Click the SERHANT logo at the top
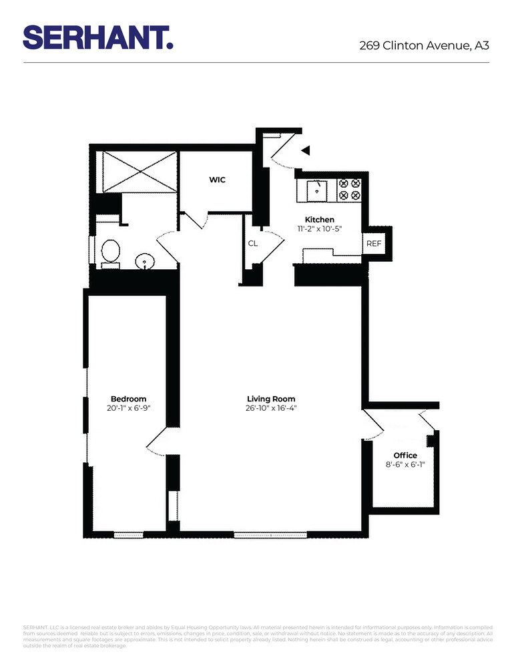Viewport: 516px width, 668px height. tap(98, 37)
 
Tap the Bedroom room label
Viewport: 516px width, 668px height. tap(128, 399)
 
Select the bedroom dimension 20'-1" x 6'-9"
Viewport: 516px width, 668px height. tap(128, 409)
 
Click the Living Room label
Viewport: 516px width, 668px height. tap(271, 399)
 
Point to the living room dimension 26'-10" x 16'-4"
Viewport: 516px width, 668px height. tap(271, 409)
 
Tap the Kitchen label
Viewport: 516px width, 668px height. tap(319, 220)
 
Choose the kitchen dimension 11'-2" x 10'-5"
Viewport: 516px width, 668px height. tap(319, 229)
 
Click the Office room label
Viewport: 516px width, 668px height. tap(405, 456)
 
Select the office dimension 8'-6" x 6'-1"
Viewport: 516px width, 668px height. tap(405, 465)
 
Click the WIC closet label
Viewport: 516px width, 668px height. tap(218, 180)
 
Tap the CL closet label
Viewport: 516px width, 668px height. tap(253, 244)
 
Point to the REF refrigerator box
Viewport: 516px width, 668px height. tap(373, 244)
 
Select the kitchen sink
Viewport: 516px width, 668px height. tap(316, 190)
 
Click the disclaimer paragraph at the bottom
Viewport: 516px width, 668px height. tap(258, 636)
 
